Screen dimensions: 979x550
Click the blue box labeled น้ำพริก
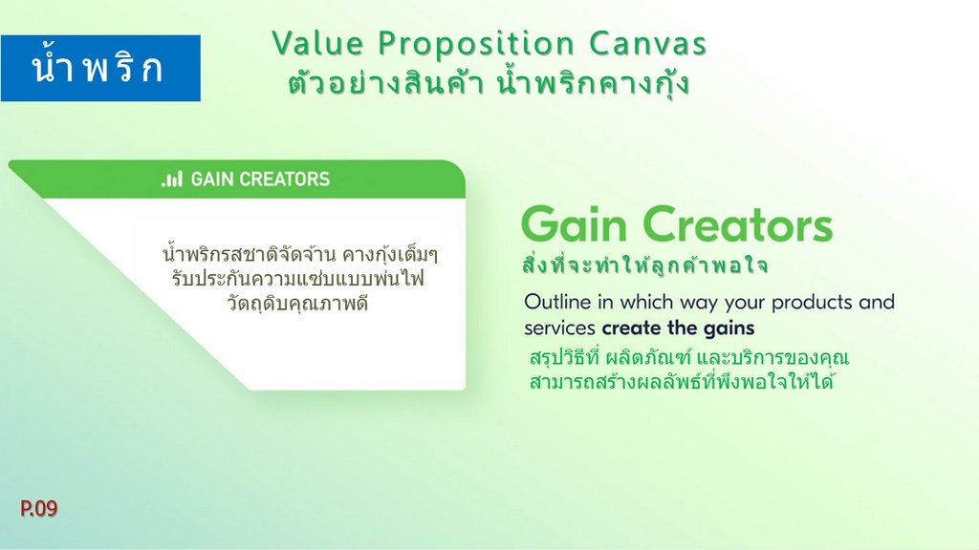(100, 68)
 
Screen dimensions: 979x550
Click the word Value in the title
(317, 44)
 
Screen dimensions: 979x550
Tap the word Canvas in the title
(647, 44)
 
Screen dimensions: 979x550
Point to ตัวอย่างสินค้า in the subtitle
(386, 84)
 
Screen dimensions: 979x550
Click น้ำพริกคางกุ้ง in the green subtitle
(593, 84)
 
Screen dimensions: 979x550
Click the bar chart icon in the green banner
(172, 180)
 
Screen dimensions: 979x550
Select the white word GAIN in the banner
(212, 180)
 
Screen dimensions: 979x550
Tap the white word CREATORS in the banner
(285, 180)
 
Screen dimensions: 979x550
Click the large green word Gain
(574, 224)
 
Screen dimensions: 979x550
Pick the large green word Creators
(737, 224)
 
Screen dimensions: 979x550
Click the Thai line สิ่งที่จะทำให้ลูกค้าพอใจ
(645, 264)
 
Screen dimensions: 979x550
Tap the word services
(559, 328)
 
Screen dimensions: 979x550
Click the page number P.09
(38, 508)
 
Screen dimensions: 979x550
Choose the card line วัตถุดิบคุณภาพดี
(298, 304)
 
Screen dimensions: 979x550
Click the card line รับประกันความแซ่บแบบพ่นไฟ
(298, 278)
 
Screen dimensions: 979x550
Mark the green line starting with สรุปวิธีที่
(689, 358)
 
